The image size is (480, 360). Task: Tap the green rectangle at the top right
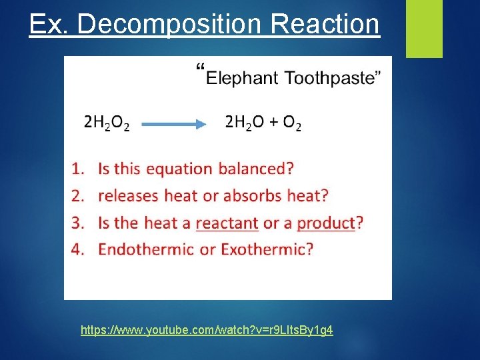424,29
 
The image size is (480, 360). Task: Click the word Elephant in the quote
242,78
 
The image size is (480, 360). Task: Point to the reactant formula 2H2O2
107,123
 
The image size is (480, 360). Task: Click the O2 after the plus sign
291,123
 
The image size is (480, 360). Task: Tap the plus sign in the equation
273,123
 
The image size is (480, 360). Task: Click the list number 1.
77,169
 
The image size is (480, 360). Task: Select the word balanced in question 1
255,169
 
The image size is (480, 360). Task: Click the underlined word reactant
227,223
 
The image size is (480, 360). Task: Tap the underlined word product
326,223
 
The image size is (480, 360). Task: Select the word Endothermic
149,250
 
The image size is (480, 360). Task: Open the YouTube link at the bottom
207,330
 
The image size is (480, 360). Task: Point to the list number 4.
77,250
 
